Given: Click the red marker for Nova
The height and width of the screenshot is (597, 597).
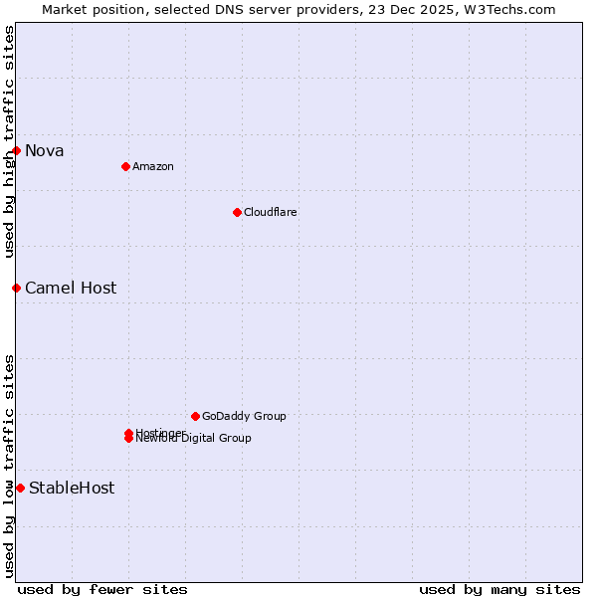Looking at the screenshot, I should pos(17,150).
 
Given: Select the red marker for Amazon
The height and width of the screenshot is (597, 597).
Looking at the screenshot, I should pos(125,166).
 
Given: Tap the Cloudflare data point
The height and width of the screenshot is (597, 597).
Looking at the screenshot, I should pos(237,212).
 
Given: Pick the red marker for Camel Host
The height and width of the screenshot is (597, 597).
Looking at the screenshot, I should pos(17,288).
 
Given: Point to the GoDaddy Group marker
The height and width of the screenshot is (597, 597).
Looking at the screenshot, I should pos(195,416).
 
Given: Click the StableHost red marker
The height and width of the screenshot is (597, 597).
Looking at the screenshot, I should pos(20,488).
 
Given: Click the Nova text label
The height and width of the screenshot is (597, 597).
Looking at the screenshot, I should pos(45,151).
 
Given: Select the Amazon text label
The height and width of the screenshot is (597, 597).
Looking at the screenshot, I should pos(152,167).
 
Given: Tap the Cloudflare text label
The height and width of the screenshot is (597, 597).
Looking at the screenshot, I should pos(270,213).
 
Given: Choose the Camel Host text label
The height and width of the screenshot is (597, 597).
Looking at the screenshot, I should pos(71,289).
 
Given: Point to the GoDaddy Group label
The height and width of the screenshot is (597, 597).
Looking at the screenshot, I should pos(244,417).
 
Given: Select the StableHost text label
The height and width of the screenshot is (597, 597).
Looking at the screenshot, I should pos(72,489).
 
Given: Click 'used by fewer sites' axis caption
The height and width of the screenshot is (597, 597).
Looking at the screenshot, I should pos(102,590).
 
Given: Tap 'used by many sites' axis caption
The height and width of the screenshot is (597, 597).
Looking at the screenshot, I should pos(499,590).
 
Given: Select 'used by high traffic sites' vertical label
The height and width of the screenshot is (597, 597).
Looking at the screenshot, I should pos(9,141).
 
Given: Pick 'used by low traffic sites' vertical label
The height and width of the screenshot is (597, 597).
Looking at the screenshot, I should pos(9,466).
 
